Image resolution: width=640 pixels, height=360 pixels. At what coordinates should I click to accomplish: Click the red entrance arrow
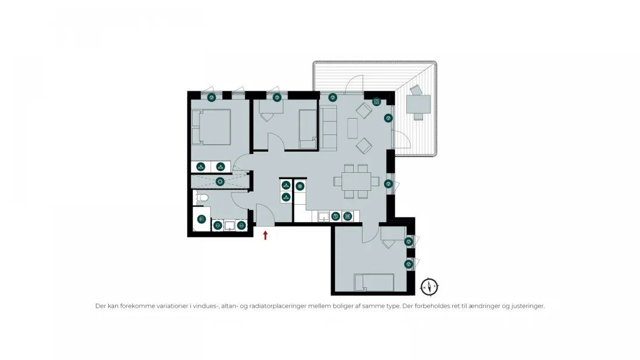pos(265,235)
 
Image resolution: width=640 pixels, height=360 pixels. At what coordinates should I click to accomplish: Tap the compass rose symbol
pos(429,287)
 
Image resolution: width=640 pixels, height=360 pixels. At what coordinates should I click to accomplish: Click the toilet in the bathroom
pos(202,198)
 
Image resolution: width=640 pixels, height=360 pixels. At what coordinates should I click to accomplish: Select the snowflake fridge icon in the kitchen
pos(300,187)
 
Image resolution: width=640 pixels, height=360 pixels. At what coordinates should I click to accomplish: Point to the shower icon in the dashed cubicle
pos(220,181)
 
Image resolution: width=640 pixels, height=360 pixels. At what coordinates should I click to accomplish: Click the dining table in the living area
pos(356,181)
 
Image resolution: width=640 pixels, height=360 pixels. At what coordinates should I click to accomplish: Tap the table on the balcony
pos(418,104)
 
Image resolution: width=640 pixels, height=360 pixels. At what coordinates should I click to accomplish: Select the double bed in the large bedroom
pos(211,127)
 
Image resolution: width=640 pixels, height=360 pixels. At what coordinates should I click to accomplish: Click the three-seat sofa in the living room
pos(328,128)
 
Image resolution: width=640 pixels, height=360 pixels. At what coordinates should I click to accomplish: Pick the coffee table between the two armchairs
pos(352,128)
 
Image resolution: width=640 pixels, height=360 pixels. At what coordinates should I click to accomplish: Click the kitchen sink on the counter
pos(323,216)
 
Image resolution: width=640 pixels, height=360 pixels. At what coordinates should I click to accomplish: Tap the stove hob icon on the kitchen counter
pos(347,216)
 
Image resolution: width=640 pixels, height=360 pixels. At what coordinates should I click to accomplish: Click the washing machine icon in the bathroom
pos(201,219)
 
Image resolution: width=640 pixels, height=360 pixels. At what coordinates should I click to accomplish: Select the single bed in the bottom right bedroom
pos(374,283)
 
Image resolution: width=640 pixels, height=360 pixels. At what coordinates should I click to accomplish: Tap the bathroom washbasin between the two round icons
pos(229,225)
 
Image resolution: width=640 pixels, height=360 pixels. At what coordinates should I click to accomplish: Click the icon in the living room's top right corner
pos(377,102)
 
